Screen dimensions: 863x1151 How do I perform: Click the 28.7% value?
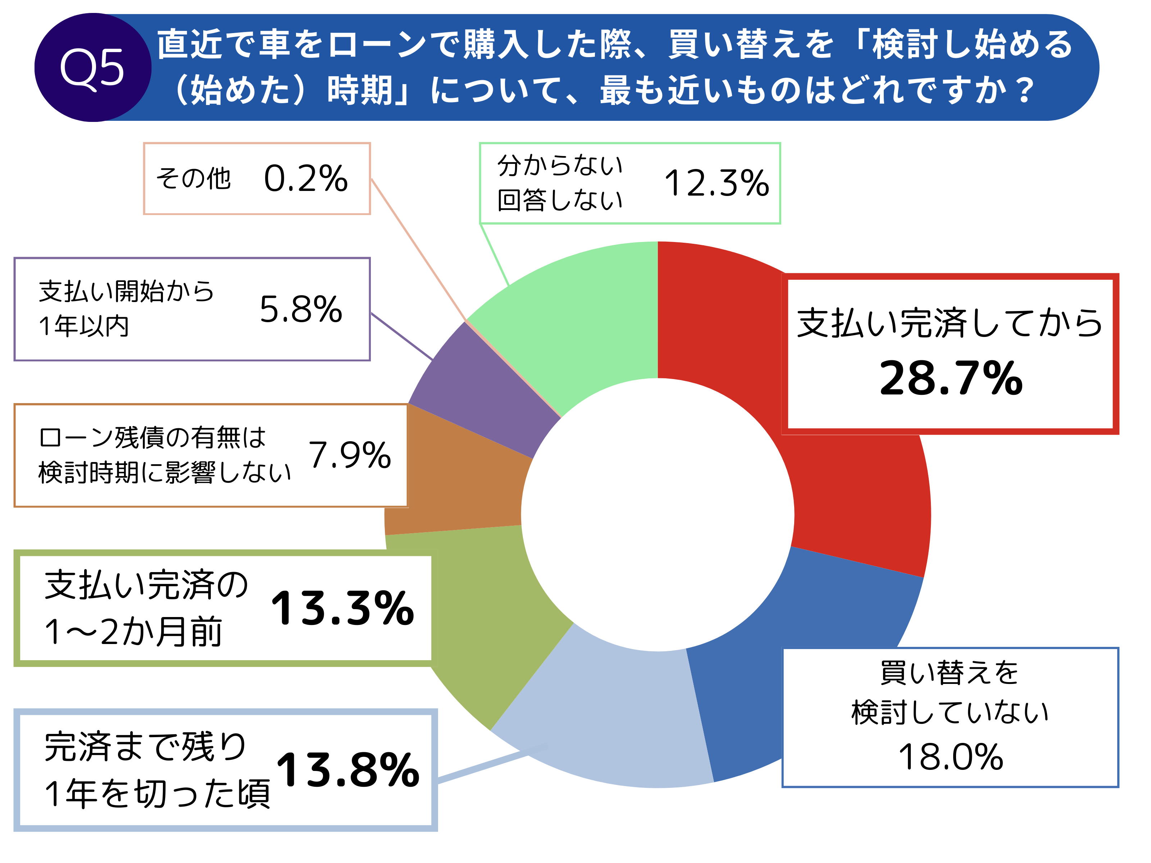951,378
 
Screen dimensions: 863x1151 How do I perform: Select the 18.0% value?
951,757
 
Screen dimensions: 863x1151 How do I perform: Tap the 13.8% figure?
347,770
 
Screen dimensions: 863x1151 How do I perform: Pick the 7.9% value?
350,455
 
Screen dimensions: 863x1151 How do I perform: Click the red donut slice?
854,494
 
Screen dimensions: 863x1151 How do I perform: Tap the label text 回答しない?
560,200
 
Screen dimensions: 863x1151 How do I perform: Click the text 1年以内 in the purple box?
84,327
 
